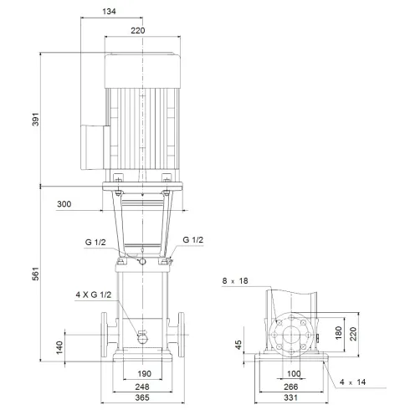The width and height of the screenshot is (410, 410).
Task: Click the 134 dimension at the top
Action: [110, 12]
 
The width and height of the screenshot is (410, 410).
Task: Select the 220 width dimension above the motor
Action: [137, 30]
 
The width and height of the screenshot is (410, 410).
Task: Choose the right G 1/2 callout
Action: [192, 241]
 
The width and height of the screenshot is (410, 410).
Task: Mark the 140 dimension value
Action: [59, 346]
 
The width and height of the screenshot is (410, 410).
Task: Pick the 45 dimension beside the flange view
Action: [239, 345]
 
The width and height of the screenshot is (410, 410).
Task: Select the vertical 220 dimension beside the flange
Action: [352, 336]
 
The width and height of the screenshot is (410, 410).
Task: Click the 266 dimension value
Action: [293, 387]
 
